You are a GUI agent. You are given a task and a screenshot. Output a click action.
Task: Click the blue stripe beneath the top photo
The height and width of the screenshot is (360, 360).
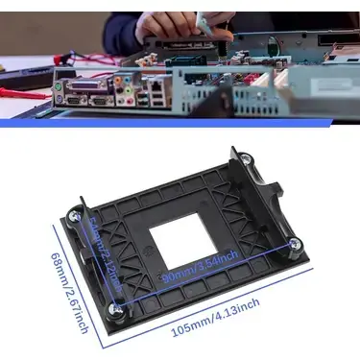point(180,124)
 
